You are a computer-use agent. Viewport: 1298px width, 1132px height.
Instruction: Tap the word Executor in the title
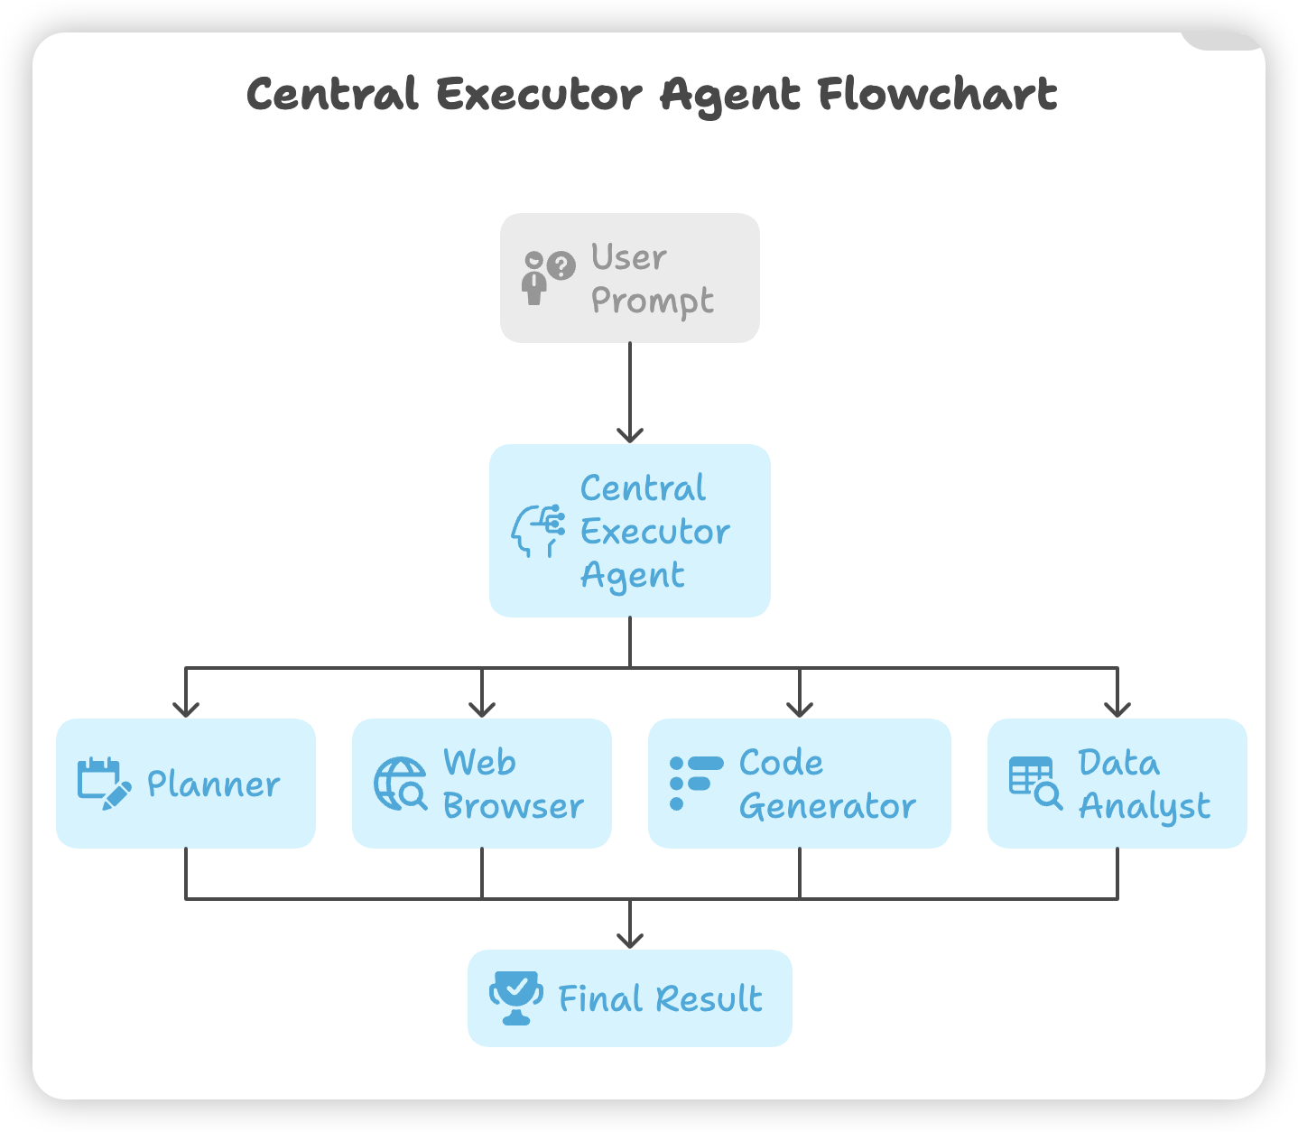(539, 94)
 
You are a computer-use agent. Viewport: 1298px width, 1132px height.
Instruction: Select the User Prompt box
(629, 278)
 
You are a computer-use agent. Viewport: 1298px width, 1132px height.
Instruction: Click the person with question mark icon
(547, 277)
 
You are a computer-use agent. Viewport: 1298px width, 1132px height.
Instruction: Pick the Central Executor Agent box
(629, 531)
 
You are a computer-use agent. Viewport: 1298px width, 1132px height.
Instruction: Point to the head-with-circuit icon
(538, 531)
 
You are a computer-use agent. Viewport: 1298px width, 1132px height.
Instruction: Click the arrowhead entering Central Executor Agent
(629, 434)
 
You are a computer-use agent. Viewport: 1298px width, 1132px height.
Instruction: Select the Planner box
(185, 784)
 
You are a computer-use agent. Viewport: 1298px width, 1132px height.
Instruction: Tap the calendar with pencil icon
(103, 784)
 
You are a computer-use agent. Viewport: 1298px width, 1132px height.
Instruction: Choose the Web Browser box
(481, 784)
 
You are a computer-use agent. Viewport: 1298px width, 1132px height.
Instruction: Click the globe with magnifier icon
(400, 784)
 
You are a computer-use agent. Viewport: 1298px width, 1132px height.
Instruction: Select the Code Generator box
(799, 784)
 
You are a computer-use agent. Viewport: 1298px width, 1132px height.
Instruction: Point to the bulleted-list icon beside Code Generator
(695, 783)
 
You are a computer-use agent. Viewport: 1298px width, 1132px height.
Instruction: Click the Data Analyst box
(1117, 784)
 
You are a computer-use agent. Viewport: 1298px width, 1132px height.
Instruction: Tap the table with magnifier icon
(1034, 783)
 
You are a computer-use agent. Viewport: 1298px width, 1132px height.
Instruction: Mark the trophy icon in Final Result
(515, 997)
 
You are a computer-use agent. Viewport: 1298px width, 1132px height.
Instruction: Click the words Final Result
(660, 999)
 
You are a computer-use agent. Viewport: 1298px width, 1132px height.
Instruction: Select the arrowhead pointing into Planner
(185, 709)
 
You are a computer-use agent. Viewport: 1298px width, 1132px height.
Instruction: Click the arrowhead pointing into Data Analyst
(1117, 709)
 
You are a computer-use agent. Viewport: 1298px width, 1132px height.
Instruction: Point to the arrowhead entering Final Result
(629, 940)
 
